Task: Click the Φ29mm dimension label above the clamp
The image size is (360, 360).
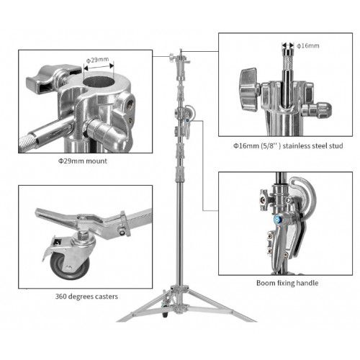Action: [x=98, y=60]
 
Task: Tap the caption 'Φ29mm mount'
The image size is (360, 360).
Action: [x=83, y=161]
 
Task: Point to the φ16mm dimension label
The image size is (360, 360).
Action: [x=308, y=45]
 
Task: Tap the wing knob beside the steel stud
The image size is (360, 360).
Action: [x=248, y=89]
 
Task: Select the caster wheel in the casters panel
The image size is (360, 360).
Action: [x=70, y=265]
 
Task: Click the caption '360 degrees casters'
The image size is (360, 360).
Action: [x=86, y=297]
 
